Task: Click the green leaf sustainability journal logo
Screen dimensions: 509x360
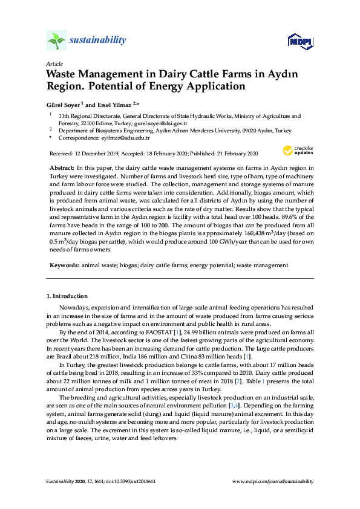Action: (x=56, y=41)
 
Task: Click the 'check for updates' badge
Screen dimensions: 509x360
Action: (x=298, y=151)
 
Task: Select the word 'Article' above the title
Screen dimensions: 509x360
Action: (x=54, y=63)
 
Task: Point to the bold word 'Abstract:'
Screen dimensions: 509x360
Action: (x=61, y=166)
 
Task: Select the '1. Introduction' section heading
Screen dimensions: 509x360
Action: (x=67, y=296)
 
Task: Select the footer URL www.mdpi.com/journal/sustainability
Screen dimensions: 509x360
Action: (x=273, y=481)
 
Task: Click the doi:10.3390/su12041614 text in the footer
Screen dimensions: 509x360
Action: (x=127, y=481)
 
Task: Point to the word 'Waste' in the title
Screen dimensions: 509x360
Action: (x=64, y=74)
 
